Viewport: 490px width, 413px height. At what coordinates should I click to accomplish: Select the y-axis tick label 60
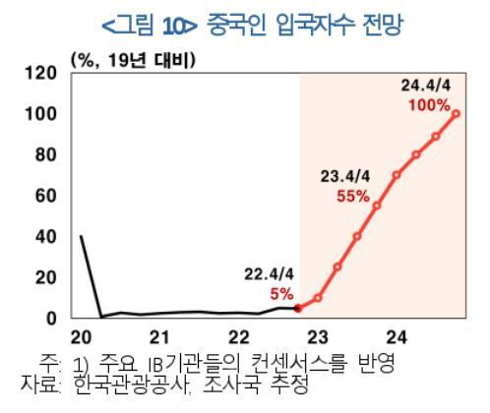point(44,196)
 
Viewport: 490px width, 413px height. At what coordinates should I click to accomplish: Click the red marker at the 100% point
point(457,114)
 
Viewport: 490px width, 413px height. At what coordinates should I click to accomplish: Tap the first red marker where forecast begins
point(298,308)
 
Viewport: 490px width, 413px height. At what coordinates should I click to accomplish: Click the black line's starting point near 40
point(80,237)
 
